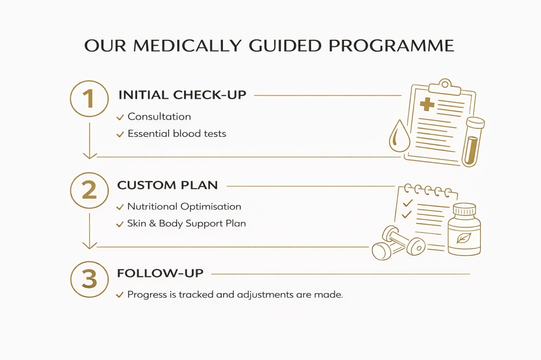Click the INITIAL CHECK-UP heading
pos(182,95)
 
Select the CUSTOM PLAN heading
pos(168,185)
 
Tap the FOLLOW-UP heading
pos(160,273)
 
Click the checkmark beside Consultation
pos(120,117)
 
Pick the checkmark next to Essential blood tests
pos(120,134)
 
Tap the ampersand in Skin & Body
pos(152,223)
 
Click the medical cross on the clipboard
pos(427,104)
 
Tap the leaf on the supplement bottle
pos(463,238)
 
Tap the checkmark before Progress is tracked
pos(120,295)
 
